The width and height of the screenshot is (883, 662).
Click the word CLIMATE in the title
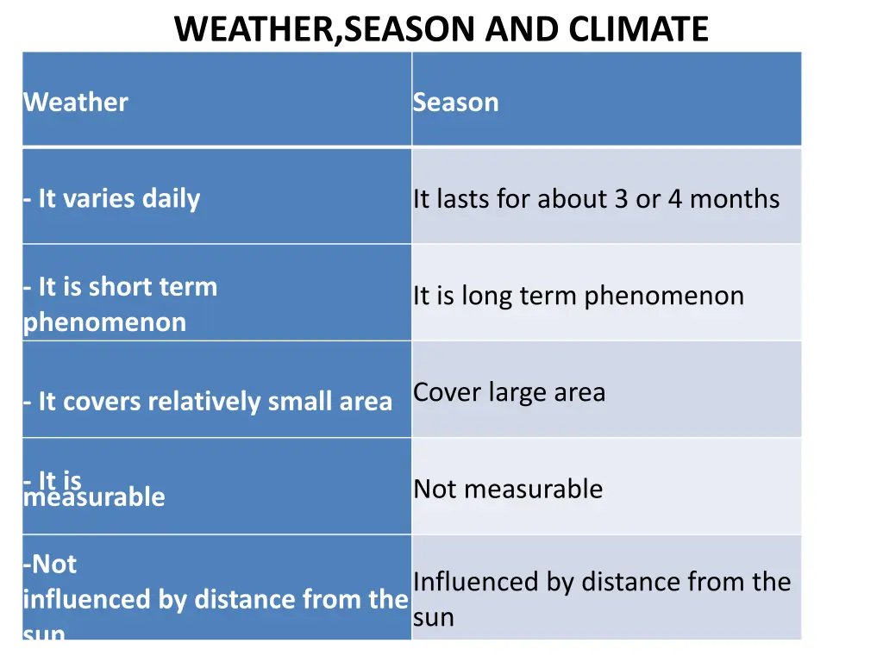(638, 29)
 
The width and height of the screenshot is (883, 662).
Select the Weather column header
(76, 103)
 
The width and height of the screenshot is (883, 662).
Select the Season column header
(455, 103)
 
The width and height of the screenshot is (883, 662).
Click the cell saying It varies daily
(112, 199)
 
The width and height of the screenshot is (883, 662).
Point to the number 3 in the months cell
(621, 199)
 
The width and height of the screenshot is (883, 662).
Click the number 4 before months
(674, 199)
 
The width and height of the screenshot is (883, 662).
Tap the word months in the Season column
(735, 199)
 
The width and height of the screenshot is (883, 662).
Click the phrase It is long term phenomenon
(578, 296)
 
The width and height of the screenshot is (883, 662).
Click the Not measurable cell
(508, 489)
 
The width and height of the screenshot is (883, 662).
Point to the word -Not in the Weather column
(50, 565)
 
